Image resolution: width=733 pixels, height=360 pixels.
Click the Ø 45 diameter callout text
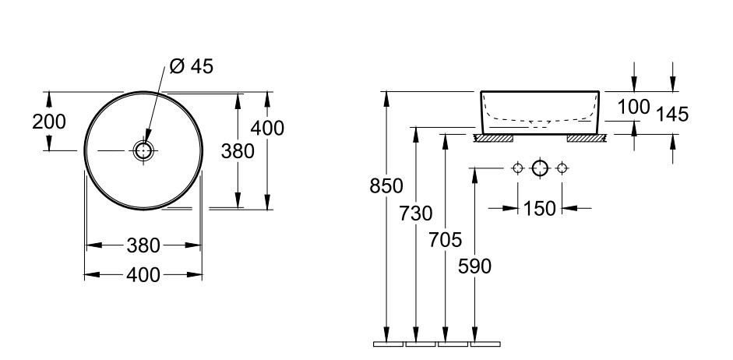pyautogui.click(x=191, y=66)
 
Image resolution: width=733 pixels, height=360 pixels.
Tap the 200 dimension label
pyautogui.click(x=49, y=122)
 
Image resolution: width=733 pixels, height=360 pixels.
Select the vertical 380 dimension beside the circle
pyautogui.click(x=238, y=151)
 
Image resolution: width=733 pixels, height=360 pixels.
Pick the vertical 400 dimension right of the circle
pyautogui.click(x=267, y=128)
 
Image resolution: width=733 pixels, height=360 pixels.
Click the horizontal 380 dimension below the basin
pyautogui.click(x=143, y=245)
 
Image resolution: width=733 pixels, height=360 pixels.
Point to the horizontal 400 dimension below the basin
pyautogui.click(x=143, y=275)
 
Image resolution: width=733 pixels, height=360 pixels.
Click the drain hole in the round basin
pyautogui.click(x=143, y=150)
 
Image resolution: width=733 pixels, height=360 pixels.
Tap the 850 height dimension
pyautogui.click(x=386, y=186)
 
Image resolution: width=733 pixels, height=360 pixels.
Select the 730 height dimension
pyautogui.click(x=416, y=214)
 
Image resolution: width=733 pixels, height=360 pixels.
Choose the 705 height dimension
pyautogui.click(x=445, y=240)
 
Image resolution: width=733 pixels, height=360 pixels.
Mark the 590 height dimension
pyautogui.click(x=474, y=266)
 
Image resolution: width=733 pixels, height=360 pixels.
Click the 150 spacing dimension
pyautogui.click(x=540, y=209)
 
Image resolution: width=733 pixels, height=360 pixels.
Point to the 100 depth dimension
pyautogui.click(x=634, y=107)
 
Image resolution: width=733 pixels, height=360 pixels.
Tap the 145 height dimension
pyautogui.click(x=672, y=114)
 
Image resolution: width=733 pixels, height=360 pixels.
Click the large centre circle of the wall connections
pyautogui.click(x=540, y=168)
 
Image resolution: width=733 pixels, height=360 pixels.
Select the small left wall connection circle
pyautogui.click(x=517, y=168)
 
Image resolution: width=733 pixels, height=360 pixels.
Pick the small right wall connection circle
pyautogui.click(x=562, y=168)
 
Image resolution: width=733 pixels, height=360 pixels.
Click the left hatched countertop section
pyautogui.click(x=494, y=139)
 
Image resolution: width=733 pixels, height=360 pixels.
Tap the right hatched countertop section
pyautogui.click(x=587, y=139)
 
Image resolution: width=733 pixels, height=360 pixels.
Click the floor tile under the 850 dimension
pyautogui.click(x=388, y=344)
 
